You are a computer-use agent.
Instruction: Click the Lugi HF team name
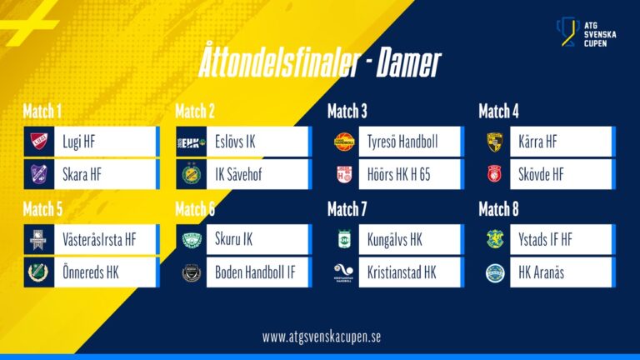pos(79,142)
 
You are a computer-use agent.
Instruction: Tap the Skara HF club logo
pos(39,174)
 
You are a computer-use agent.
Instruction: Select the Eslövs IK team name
pos(235,142)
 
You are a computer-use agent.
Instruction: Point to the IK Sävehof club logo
pos(192,174)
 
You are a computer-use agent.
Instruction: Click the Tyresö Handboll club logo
pos(344,142)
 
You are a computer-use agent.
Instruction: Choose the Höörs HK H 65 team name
pos(399,175)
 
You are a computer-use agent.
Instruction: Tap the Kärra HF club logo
pos(495,142)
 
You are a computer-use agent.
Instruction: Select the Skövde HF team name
pos(541,175)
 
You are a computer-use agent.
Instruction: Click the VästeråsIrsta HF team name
pos(99,240)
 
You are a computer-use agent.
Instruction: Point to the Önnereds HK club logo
pos(38,272)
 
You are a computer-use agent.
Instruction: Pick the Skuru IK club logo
pos(192,240)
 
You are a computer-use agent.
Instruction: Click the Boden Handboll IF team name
pos(255,272)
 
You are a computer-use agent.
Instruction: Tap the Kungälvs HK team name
pos(395,240)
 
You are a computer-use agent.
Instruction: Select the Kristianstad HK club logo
pos(343,272)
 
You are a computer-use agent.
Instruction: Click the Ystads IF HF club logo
pos(495,240)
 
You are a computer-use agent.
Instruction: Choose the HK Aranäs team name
pos(541,272)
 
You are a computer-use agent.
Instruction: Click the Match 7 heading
pos(347,209)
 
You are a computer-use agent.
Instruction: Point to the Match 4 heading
pos(498,111)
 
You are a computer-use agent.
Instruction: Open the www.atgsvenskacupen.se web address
pos(321,337)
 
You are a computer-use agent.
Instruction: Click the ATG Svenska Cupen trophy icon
pos(567,32)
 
